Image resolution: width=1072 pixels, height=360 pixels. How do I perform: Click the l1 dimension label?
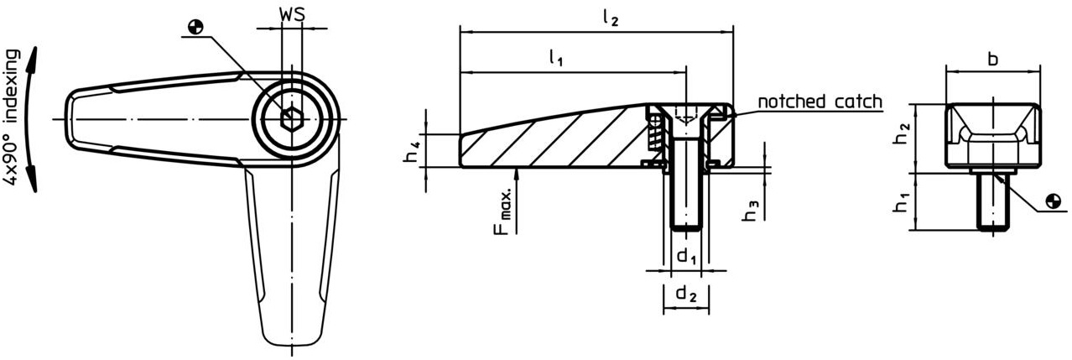tap(556, 58)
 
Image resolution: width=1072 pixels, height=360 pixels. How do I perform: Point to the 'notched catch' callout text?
tap(820, 102)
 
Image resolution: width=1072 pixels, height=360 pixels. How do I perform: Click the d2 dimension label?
tap(686, 294)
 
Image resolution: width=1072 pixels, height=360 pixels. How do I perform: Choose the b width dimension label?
tap(992, 59)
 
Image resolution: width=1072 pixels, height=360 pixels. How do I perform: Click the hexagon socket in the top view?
tap(291, 120)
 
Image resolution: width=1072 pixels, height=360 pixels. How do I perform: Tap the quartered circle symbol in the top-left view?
tap(195, 26)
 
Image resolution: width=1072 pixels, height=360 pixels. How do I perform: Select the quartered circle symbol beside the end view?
tap(1054, 201)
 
